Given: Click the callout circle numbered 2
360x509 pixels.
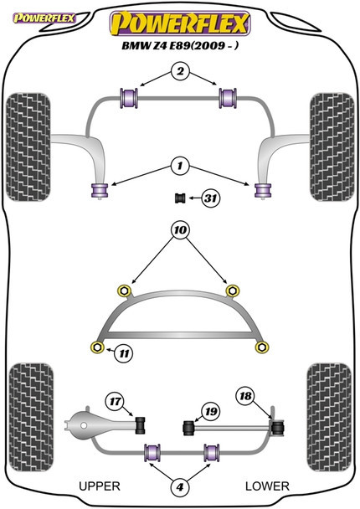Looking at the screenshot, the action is [x=180, y=71].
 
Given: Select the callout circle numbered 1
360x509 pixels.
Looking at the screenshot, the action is [x=180, y=167].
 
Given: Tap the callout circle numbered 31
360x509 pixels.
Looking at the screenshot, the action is [x=211, y=198].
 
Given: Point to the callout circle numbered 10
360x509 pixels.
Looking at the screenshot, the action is [x=180, y=230].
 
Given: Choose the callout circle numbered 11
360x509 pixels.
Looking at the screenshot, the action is [x=124, y=353].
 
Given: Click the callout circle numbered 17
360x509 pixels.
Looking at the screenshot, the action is [x=115, y=402].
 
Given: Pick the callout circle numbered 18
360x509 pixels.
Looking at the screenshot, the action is [x=246, y=396].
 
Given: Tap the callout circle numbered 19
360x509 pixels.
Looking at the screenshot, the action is [x=211, y=412].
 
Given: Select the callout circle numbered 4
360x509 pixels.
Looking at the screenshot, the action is [x=180, y=486].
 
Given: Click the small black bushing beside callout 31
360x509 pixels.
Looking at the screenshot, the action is [x=179, y=198].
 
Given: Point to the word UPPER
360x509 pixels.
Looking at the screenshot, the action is [x=100, y=486].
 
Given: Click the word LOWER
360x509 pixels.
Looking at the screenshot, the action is [x=267, y=486].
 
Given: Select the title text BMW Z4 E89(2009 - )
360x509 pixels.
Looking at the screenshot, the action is [x=180, y=45].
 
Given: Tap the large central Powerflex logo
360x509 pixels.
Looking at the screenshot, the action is [x=180, y=23].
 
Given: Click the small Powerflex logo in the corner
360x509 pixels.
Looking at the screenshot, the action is [x=44, y=18].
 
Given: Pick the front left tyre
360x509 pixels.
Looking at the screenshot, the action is [x=28, y=147].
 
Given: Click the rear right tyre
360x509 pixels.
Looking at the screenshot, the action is [x=329, y=418].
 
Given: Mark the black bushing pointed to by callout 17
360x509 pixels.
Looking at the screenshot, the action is [x=141, y=424].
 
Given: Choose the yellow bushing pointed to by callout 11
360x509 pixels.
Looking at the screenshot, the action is [x=97, y=347].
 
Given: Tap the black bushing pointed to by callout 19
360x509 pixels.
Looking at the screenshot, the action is [x=188, y=428].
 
